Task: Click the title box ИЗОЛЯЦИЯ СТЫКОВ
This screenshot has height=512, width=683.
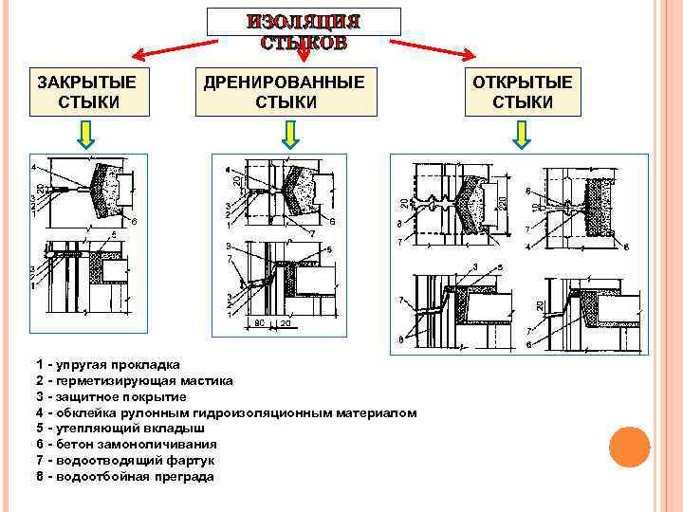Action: pyautogui.click(x=304, y=30)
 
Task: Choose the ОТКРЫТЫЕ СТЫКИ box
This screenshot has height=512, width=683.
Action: pyautogui.click(x=523, y=91)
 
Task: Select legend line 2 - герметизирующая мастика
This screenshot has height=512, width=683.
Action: pyautogui.click(x=134, y=381)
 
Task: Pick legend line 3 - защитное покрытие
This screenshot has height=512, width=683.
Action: pyautogui.click(x=117, y=396)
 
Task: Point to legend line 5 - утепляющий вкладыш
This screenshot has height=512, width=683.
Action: pyautogui.click(x=120, y=429)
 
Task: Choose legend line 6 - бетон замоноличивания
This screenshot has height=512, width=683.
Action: pyautogui.click(x=126, y=444)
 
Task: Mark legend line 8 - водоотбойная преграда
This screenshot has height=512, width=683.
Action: pyautogui.click(x=124, y=476)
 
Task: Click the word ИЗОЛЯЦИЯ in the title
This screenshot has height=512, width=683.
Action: pyautogui.click(x=304, y=22)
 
